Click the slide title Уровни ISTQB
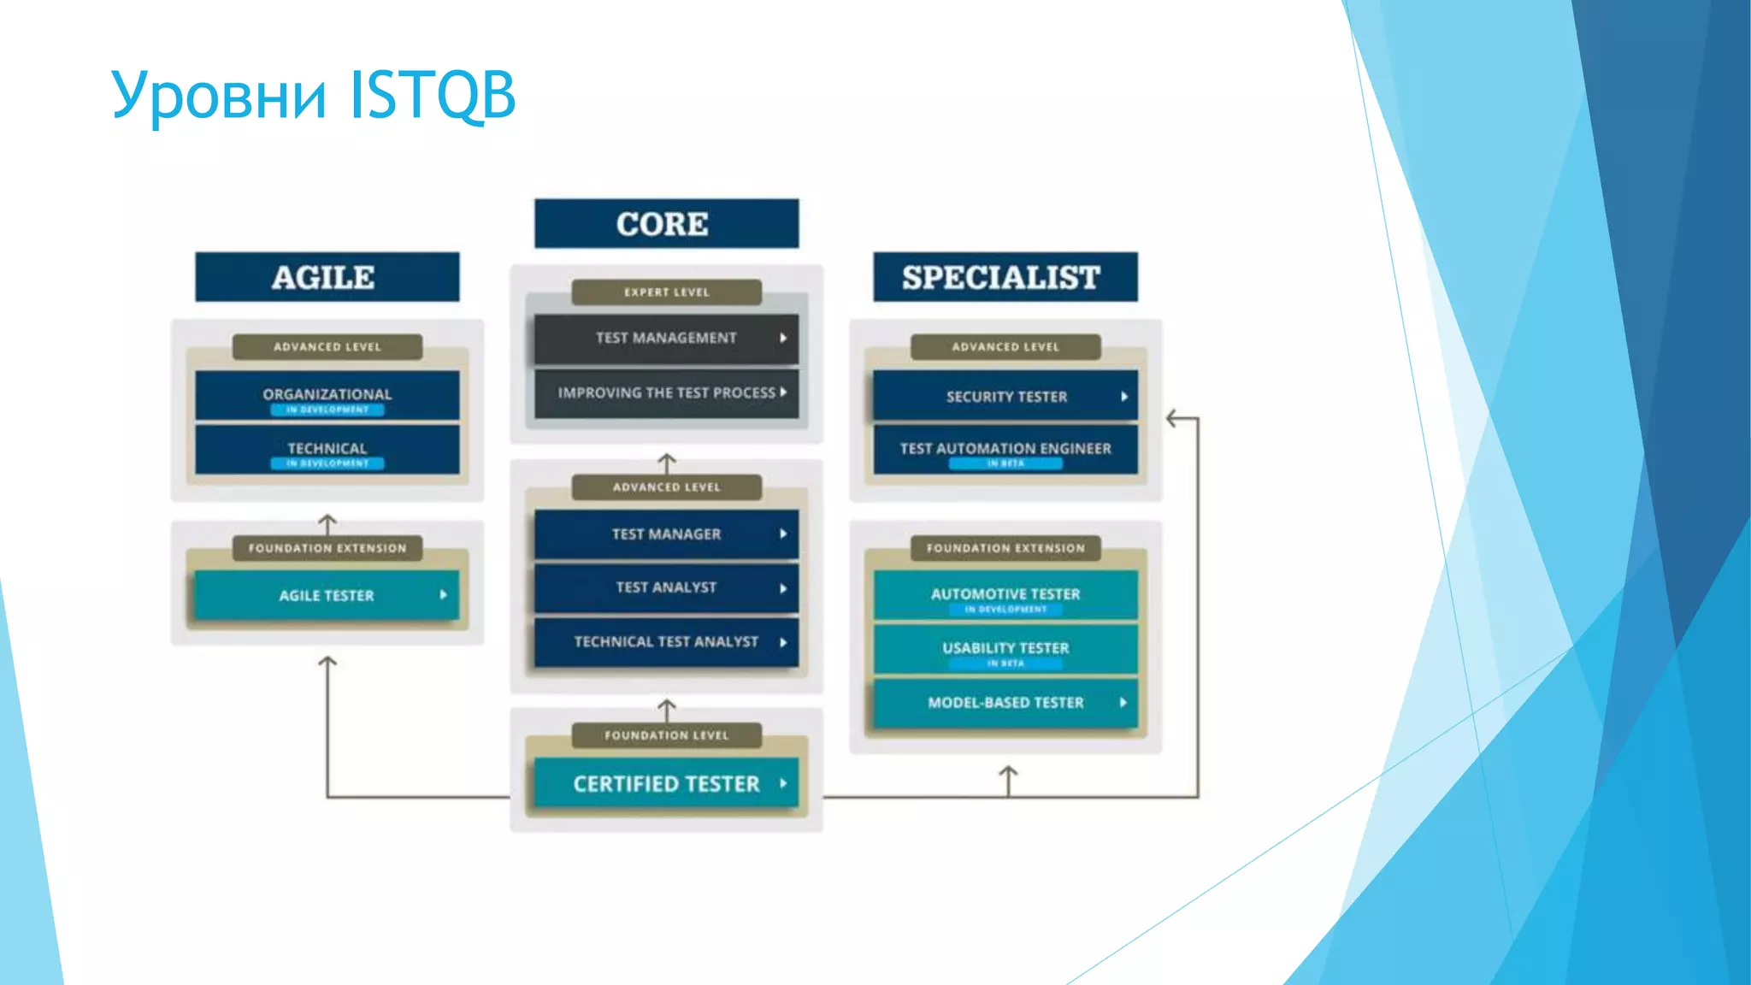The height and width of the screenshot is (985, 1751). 313,94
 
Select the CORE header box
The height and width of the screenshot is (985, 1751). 666,224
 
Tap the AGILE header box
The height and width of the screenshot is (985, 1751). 327,277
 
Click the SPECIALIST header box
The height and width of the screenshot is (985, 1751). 1005,277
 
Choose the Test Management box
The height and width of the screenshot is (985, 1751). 666,339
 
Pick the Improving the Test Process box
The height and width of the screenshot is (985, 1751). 666,393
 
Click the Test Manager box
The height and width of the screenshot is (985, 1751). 666,534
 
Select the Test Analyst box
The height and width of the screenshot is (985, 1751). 666,588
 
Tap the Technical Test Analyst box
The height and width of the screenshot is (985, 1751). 666,642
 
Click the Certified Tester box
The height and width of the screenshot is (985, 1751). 666,783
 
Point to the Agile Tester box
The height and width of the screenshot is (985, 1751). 327,595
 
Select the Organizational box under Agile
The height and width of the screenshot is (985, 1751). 327,395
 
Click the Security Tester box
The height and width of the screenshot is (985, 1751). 1005,397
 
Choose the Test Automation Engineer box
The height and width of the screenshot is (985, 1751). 1005,450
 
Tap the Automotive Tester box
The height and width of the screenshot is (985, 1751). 1005,595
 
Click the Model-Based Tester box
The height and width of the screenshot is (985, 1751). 1005,703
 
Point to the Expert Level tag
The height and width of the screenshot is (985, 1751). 666,292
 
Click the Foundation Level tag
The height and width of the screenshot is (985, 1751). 666,735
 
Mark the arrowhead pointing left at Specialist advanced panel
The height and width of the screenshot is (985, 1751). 1172,419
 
